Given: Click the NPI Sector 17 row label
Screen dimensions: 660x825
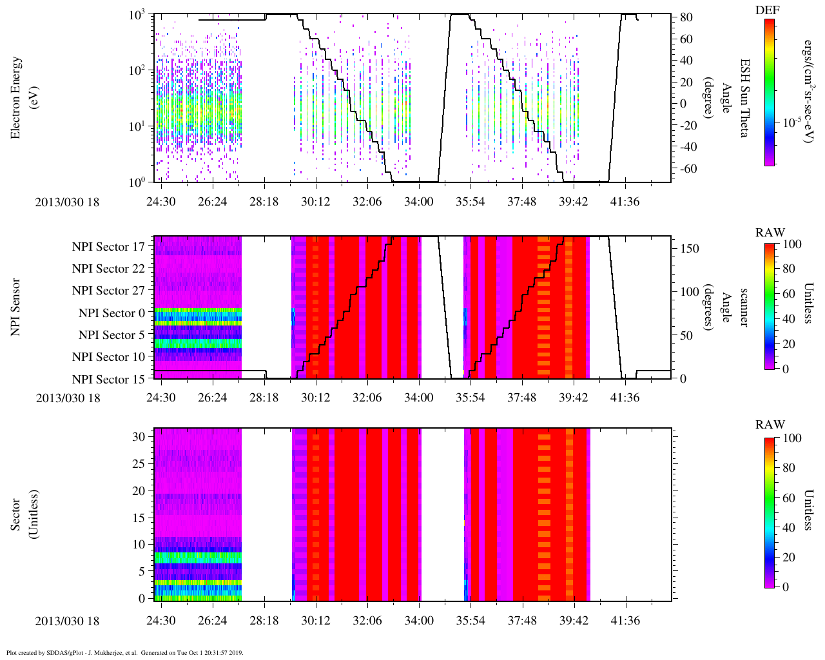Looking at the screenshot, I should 108,246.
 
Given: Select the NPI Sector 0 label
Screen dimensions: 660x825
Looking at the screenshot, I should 112,313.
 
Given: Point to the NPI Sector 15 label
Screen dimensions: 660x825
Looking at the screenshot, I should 108,379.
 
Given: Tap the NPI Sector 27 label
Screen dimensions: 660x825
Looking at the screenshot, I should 108,291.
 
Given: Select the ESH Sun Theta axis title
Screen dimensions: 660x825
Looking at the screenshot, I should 744,98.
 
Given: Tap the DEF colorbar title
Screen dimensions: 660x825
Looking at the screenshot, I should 768,11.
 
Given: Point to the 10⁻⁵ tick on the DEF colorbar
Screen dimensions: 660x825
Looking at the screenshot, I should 792,122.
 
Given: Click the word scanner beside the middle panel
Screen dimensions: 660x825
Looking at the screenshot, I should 744,307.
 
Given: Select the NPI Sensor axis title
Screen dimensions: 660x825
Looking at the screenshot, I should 16,307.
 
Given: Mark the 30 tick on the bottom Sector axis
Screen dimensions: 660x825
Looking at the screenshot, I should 139,436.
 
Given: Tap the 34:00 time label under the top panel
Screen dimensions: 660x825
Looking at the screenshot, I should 418,202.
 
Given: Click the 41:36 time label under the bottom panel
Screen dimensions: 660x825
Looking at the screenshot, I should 625,621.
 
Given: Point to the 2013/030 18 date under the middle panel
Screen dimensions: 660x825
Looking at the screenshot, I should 68,398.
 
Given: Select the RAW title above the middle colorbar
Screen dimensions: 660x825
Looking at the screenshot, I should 770,233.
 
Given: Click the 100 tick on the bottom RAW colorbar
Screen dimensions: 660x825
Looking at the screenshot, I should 792,438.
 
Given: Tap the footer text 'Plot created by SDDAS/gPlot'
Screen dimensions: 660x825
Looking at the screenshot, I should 52,652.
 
